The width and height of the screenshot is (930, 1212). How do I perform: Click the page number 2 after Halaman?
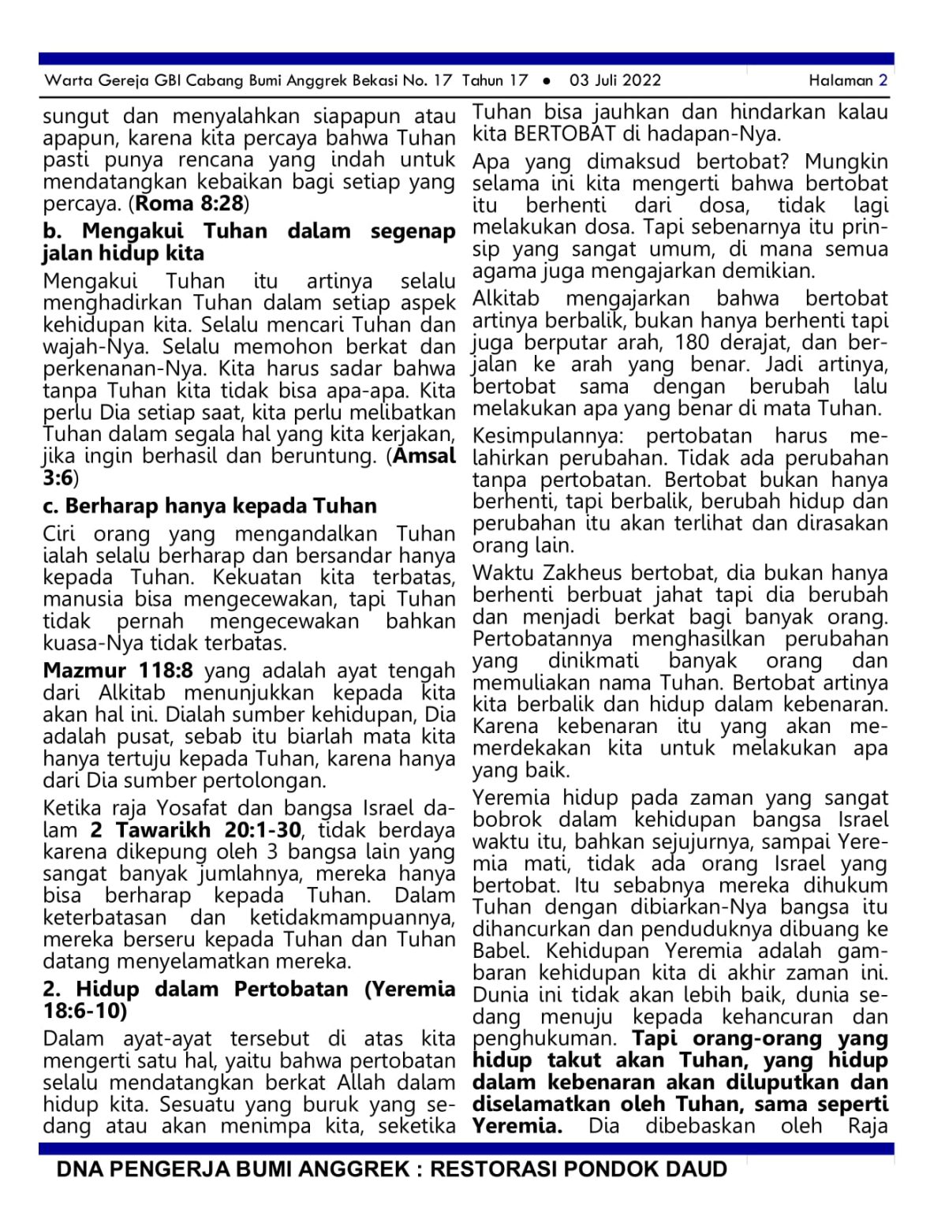click(883, 80)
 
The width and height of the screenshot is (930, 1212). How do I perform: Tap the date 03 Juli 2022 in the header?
click(615, 80)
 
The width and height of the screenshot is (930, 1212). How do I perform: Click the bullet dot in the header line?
click(547, 80)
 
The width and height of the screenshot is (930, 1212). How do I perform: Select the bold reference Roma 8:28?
click(190, 204)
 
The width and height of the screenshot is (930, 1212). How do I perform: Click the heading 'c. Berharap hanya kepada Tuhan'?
click(210, 506)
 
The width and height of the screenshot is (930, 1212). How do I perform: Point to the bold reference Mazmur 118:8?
click(118, 671)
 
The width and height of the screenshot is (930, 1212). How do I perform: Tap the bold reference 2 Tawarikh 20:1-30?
click(196, 830)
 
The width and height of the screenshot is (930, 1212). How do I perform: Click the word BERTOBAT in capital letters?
click(564, 133)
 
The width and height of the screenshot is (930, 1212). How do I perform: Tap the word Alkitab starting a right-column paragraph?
click(506, 298)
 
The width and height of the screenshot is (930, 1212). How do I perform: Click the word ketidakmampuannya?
click(353, 918)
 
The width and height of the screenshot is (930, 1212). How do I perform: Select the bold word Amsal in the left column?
click(424, 456)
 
